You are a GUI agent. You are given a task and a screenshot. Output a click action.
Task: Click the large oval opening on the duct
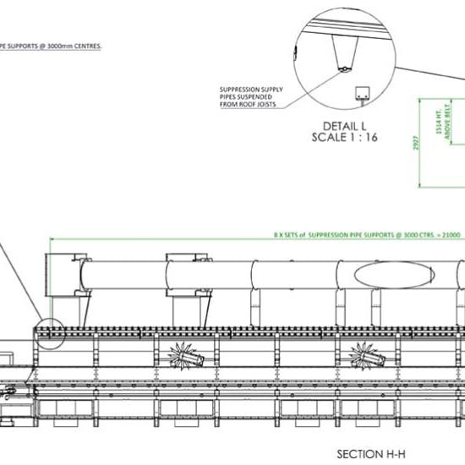click(383, 274)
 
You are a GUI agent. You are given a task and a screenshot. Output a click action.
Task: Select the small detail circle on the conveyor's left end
click(50, 334)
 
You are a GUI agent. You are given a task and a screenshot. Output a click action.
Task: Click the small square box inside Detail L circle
click(364, 92)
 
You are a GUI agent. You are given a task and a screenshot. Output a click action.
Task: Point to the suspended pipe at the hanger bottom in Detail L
click(345, 68)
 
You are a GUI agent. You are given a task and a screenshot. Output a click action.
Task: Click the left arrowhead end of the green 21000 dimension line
click(53, 240)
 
